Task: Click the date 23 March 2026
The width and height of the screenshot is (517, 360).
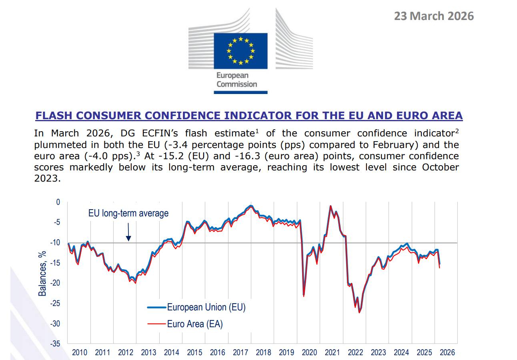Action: pos(434,16)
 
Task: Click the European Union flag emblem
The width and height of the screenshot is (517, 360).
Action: pos(240,50)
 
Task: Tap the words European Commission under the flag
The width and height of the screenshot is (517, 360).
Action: pos(237,80)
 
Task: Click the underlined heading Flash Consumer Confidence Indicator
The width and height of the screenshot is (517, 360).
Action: pos(249,116)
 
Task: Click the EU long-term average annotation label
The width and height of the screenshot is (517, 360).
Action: pos(128,214)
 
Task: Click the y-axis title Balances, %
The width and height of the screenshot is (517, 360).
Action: pos(42,274)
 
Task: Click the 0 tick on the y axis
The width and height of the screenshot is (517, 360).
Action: pos(58,202)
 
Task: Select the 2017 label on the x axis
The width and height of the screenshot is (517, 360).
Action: pos(240,353)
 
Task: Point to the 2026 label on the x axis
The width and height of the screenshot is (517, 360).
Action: pos(447,353)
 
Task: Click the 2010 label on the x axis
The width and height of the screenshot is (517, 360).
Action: pos(79,353)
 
